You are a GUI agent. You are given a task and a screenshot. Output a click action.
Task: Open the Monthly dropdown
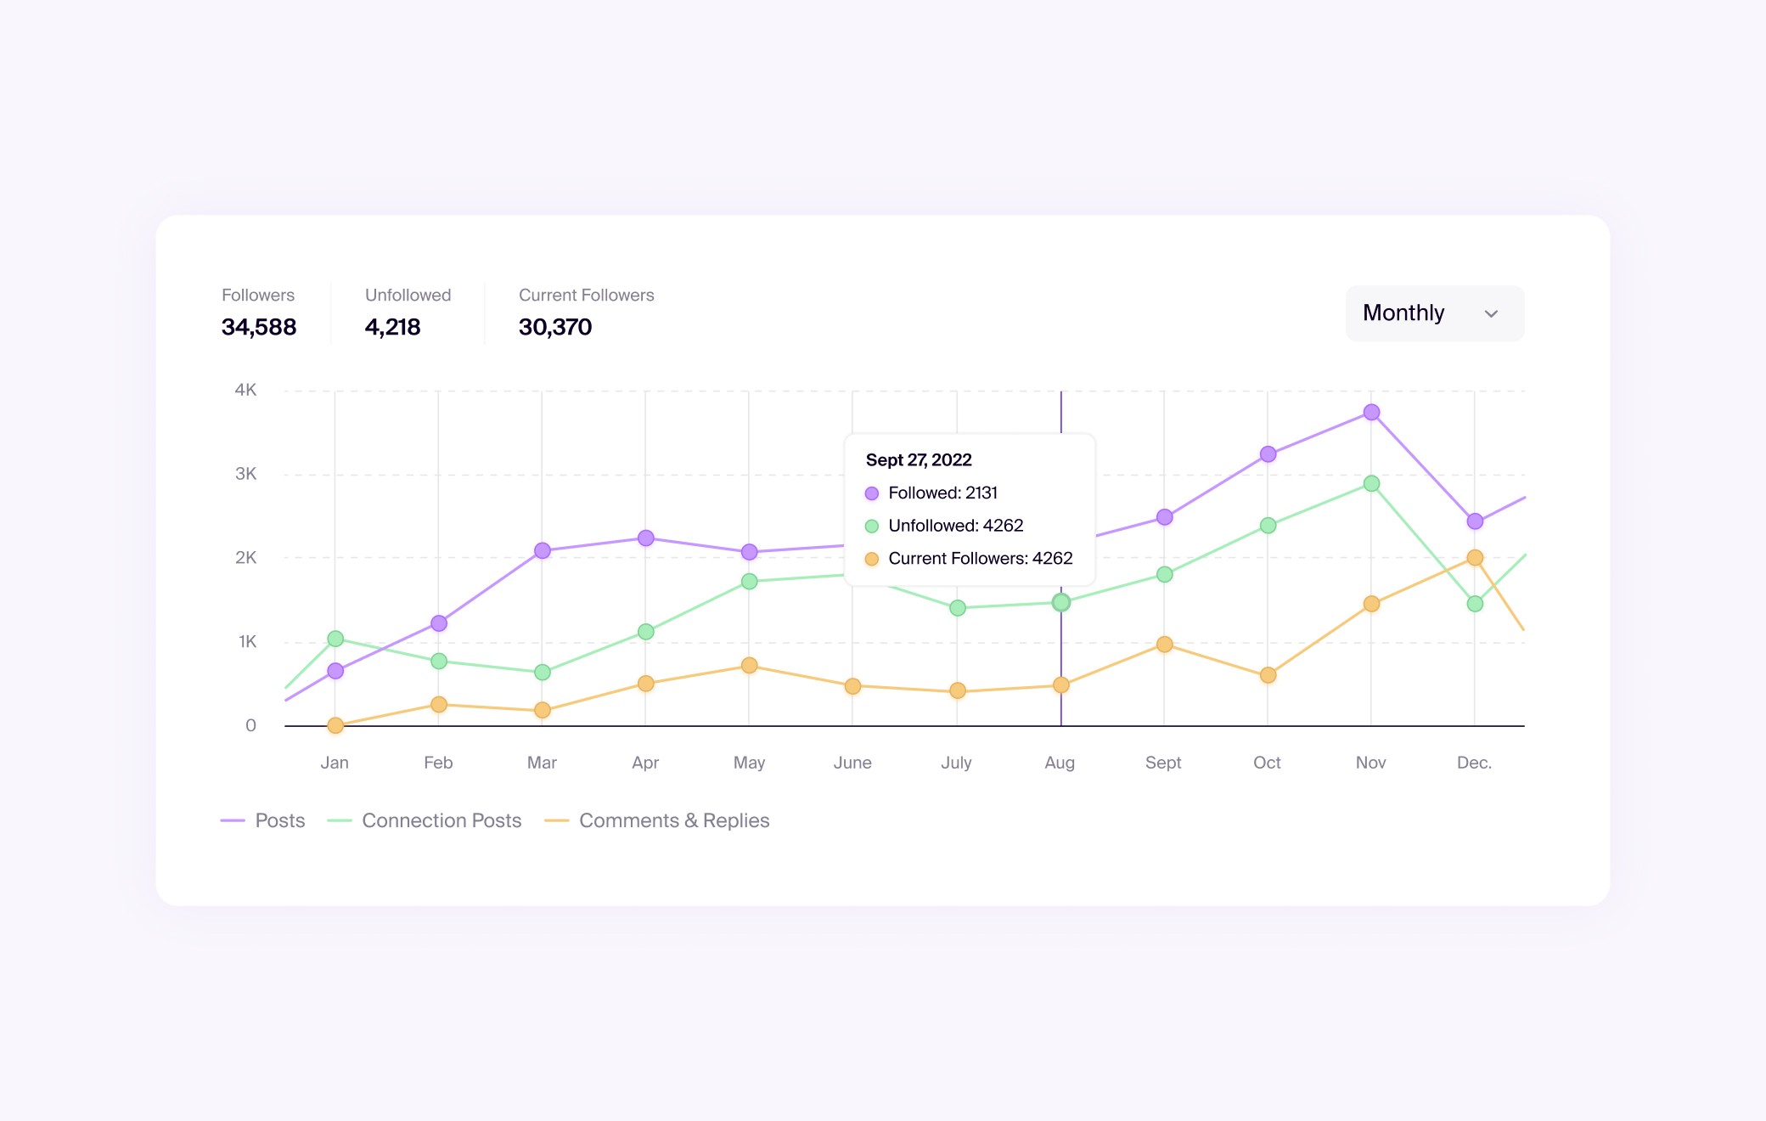pos(1434,313)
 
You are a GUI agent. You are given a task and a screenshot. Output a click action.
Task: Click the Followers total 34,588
pos(259,327)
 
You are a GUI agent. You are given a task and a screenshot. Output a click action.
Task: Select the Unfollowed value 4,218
pos(392,327)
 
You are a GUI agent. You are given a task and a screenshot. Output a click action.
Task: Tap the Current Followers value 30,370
pos(555,327)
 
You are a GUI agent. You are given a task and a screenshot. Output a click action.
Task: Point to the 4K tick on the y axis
pos(245,390)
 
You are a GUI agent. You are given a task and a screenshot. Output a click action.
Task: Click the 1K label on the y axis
pos(247,642)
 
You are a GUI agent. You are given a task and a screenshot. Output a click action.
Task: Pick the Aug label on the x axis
pos(1060,763)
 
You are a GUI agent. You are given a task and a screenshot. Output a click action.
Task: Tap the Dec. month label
pos(1474,763)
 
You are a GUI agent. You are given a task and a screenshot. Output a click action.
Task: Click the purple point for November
pos(1371,413)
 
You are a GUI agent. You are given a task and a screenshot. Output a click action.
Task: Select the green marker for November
pos(1371,484)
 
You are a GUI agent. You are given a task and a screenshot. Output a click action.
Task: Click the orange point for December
pos(1475,558)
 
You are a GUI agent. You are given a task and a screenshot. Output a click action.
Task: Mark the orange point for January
pos(335,725)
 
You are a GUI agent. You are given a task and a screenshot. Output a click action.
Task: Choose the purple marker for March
pos(543,551)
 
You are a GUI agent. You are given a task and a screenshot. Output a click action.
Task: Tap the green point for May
pos(749,582)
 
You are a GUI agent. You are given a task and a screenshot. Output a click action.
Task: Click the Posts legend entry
pos(263,820)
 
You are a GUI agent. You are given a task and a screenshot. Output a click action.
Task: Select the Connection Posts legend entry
pos(425,820)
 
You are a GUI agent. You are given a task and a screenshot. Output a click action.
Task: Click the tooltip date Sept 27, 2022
pos(919,460)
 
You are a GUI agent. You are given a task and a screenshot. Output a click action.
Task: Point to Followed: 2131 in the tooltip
pos(942,493)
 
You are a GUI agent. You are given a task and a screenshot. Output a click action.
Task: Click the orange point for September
pos(1164,645)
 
